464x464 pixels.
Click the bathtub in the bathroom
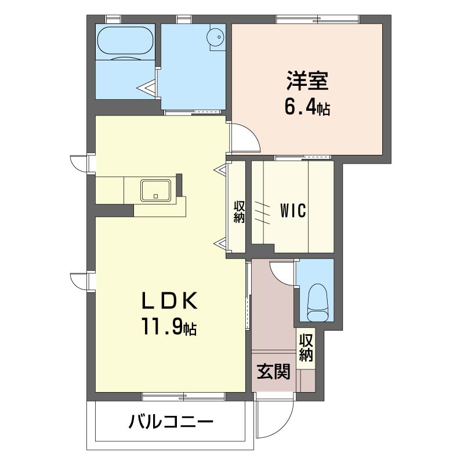pos(125,41)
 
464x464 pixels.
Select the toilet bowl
pos(318,302)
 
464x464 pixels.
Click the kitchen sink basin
pos(155,190)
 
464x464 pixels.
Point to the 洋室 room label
pos(307,81)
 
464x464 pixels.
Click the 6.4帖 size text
pos(307,107)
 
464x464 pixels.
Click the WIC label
pos(293,211)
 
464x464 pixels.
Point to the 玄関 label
pos(273,371)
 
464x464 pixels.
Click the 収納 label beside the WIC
pos(239,212)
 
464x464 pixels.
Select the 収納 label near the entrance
pos(306,347)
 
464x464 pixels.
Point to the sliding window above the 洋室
pos(317,19)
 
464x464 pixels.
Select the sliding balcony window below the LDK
pos(183,397)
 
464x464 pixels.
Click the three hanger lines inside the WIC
pos(262,213)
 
